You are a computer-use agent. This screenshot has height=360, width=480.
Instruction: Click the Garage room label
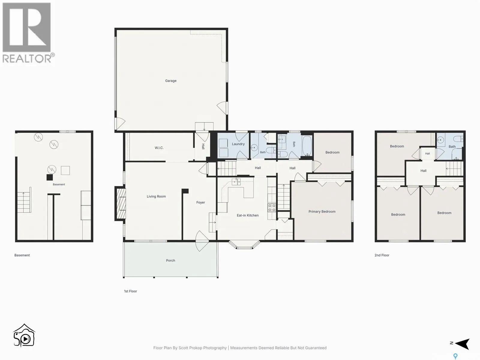tap(171, 81)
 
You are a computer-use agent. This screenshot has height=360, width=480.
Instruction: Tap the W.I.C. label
tap(159, 148)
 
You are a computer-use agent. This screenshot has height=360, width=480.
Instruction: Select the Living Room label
tap(156, 196)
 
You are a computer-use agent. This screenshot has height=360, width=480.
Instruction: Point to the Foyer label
tap(200, 202)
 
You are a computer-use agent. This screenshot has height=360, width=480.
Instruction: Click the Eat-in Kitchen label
tap(247, 215)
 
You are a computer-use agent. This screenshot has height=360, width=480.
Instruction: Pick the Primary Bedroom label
tap(322, 211)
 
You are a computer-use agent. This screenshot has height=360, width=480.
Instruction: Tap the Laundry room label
tap(238, 144)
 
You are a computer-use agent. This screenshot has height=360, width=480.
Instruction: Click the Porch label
tap(171, 260)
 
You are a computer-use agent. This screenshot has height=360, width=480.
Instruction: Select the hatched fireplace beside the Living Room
tap(121, 203)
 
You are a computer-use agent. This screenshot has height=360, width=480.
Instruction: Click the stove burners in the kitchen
tap(272, 208)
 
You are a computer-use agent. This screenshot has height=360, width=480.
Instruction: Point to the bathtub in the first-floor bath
tap(307, 146)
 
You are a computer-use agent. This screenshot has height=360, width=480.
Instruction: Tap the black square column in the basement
tap(49, 177)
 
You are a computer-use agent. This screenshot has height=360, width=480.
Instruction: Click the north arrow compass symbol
tap(463, 344)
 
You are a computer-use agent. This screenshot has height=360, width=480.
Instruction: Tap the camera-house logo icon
tap(24, 335)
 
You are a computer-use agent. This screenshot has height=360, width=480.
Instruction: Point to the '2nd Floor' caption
tap(382, 255)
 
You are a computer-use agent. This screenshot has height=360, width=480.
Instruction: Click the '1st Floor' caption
tap(130, 291)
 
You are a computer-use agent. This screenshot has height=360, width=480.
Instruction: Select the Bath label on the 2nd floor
tap(452, 147)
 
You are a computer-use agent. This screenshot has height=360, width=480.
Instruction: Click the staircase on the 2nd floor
tap(454, 169)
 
